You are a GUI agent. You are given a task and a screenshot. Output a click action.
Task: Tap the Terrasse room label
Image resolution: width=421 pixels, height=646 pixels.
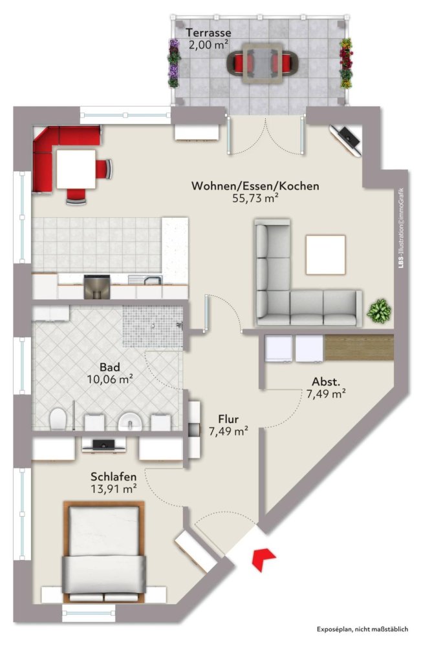point(208,32)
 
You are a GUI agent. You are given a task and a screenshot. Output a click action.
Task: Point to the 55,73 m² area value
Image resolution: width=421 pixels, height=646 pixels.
point(255,199)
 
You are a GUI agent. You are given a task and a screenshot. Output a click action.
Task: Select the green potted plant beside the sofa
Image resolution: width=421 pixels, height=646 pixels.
point(378,311)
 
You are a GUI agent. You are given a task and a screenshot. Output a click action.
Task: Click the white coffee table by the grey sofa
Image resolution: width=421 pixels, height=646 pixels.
point(326,255)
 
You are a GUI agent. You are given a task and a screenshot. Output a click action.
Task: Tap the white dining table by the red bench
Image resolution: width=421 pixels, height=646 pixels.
point(76,167)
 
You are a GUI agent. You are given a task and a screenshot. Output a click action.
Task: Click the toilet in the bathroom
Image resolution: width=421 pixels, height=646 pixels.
point(58,418)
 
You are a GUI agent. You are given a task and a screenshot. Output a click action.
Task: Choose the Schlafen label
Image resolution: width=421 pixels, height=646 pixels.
point(113,477)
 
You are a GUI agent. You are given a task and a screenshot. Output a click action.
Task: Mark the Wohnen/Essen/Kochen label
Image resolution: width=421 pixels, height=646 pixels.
point(255,186)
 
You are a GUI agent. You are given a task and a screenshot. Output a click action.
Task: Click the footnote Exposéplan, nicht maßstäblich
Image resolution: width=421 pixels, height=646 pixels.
point(362,629)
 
